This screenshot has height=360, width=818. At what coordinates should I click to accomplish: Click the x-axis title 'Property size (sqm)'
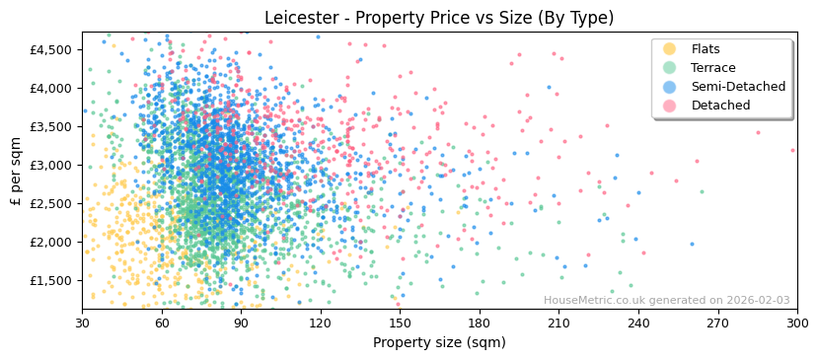[x=439, y=342]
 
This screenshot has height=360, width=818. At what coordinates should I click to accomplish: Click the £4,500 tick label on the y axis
[x=51, y=49]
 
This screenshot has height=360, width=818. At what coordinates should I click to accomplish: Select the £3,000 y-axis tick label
[x=51, y=165]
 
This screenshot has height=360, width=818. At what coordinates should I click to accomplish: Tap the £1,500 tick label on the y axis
[x=51, y=280]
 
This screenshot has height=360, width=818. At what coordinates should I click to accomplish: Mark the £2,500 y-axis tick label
[x=51, y=203]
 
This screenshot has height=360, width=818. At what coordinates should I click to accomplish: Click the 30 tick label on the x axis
[x=82, y=322]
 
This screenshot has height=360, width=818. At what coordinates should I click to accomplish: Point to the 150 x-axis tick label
[x=400, y=322]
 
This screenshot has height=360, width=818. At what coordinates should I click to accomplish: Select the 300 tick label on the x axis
[x=796, y=322]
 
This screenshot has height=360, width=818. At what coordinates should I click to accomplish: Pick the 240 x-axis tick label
[x=637, y=322]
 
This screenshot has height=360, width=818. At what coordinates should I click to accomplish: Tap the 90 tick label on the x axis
[x=241, y=322]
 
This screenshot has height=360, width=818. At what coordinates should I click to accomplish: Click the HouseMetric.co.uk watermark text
[x=666, y=301]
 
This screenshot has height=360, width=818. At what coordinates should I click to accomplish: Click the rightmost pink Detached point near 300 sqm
[x=792, y=151]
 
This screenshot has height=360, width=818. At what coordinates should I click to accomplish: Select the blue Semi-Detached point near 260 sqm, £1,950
[x=692, y=244]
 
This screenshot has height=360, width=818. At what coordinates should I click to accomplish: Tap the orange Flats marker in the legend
[x=669, y=49]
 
